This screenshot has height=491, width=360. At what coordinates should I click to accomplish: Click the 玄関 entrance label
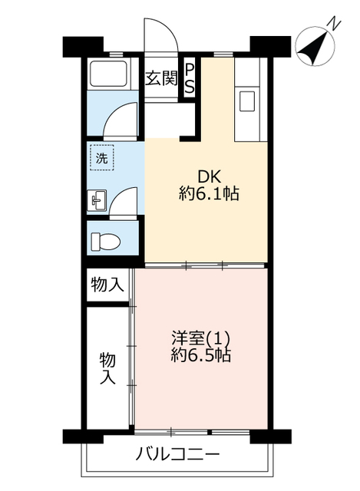(161, 78)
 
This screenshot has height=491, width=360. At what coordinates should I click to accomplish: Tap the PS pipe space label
(189, 78)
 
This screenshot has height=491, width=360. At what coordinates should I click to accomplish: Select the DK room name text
(209, 177)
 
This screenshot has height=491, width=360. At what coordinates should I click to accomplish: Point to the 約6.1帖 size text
(209, 194)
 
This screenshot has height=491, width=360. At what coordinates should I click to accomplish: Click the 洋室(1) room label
(201, 338)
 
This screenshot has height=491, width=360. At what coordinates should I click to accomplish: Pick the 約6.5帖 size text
(201, 355)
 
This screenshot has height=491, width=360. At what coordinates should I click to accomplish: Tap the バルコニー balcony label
(177, 454)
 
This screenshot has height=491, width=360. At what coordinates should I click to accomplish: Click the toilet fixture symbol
(106, 242)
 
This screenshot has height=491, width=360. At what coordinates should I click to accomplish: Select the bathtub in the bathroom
(108, 74)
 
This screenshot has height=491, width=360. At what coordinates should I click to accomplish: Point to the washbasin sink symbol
(98, 199)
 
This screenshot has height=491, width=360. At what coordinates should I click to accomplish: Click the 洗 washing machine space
(102, 158)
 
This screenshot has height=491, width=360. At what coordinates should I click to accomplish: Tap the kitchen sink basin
(247, 101)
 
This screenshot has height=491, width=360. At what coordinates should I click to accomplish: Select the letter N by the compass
(335, 24)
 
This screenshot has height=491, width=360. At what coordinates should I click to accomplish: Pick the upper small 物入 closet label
(107, 285)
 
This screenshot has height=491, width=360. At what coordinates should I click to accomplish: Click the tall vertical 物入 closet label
(107, 369)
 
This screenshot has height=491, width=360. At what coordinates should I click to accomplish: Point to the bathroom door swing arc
(121, 117)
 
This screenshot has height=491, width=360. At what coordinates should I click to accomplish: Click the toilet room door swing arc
(123, 201)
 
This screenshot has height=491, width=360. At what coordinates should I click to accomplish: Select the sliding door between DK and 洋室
(204, 266)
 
